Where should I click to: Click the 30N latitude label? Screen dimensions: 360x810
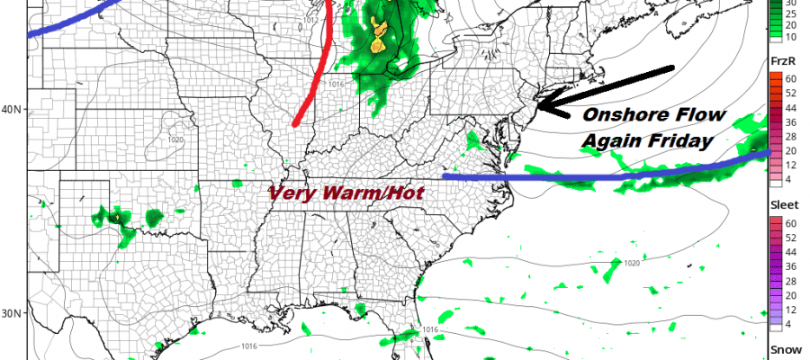12,313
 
